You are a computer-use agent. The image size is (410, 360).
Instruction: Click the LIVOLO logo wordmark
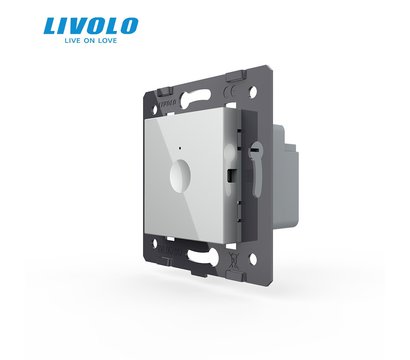[91, 26]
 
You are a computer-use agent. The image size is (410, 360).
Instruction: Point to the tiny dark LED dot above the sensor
[180, 148]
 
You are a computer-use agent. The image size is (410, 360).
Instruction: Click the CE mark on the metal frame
[232, 91]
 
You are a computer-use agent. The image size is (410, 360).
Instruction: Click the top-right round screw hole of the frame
[253, 90]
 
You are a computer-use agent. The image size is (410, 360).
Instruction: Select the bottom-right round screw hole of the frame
[253, 259]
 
